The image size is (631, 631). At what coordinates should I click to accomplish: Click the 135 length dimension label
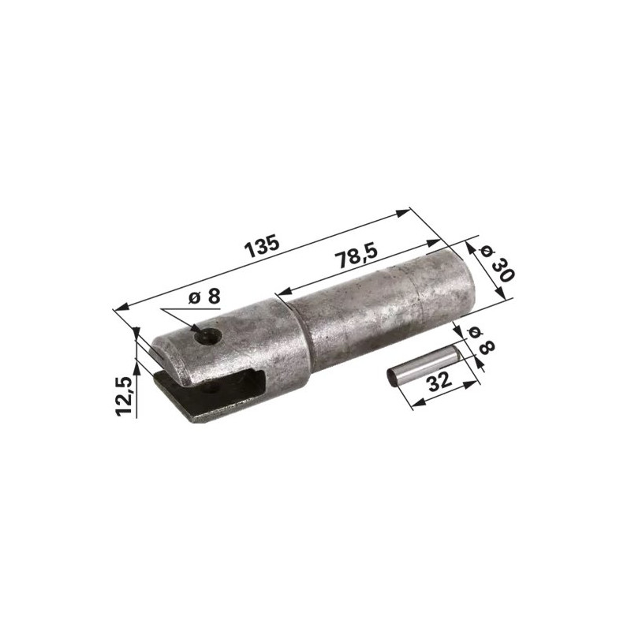(263, 245)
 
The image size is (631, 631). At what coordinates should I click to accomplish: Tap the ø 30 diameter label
(498, 264)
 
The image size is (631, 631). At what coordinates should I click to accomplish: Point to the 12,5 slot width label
(125, 396)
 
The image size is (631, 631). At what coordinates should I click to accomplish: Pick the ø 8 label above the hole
(205, 298)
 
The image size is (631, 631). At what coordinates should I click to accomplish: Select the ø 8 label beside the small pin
(481, 341)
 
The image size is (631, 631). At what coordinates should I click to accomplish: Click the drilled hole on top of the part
(208, 336)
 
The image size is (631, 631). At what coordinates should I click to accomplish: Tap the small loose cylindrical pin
(422, 365)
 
